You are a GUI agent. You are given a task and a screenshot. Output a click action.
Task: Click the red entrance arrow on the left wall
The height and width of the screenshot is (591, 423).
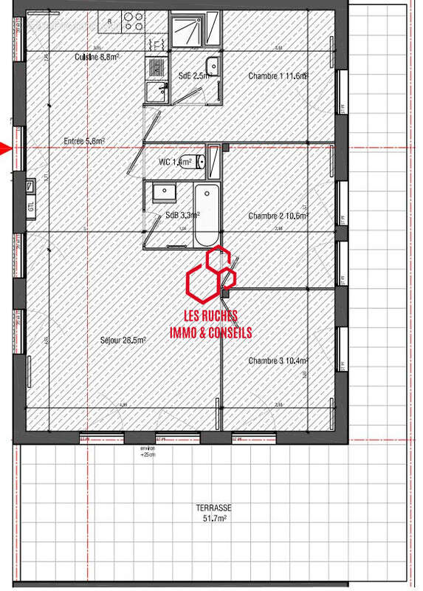point(6,148)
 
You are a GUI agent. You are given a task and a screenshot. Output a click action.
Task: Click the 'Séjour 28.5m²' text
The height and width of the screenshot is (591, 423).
point(123,340)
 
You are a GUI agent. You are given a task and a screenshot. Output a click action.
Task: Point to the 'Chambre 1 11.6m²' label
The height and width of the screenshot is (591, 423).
point(278,75)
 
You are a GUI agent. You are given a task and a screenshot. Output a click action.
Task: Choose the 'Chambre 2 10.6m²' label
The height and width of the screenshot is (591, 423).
point(278,216)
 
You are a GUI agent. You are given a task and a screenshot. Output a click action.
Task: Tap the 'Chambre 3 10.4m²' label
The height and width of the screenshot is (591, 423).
point(278,361)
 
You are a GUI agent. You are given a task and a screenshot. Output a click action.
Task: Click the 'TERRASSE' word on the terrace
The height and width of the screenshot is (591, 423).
point(215,508)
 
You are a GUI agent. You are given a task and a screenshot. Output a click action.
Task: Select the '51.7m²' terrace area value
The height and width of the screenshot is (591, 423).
point(215,519)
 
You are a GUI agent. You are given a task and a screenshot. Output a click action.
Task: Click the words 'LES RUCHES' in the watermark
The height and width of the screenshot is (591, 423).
point(211,317)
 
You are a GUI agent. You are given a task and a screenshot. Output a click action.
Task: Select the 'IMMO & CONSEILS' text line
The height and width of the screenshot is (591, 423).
point(211,333)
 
